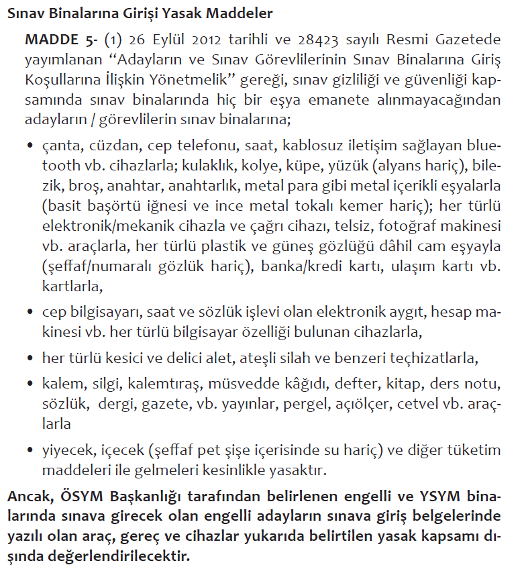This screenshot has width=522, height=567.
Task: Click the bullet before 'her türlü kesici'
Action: point(30,358)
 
